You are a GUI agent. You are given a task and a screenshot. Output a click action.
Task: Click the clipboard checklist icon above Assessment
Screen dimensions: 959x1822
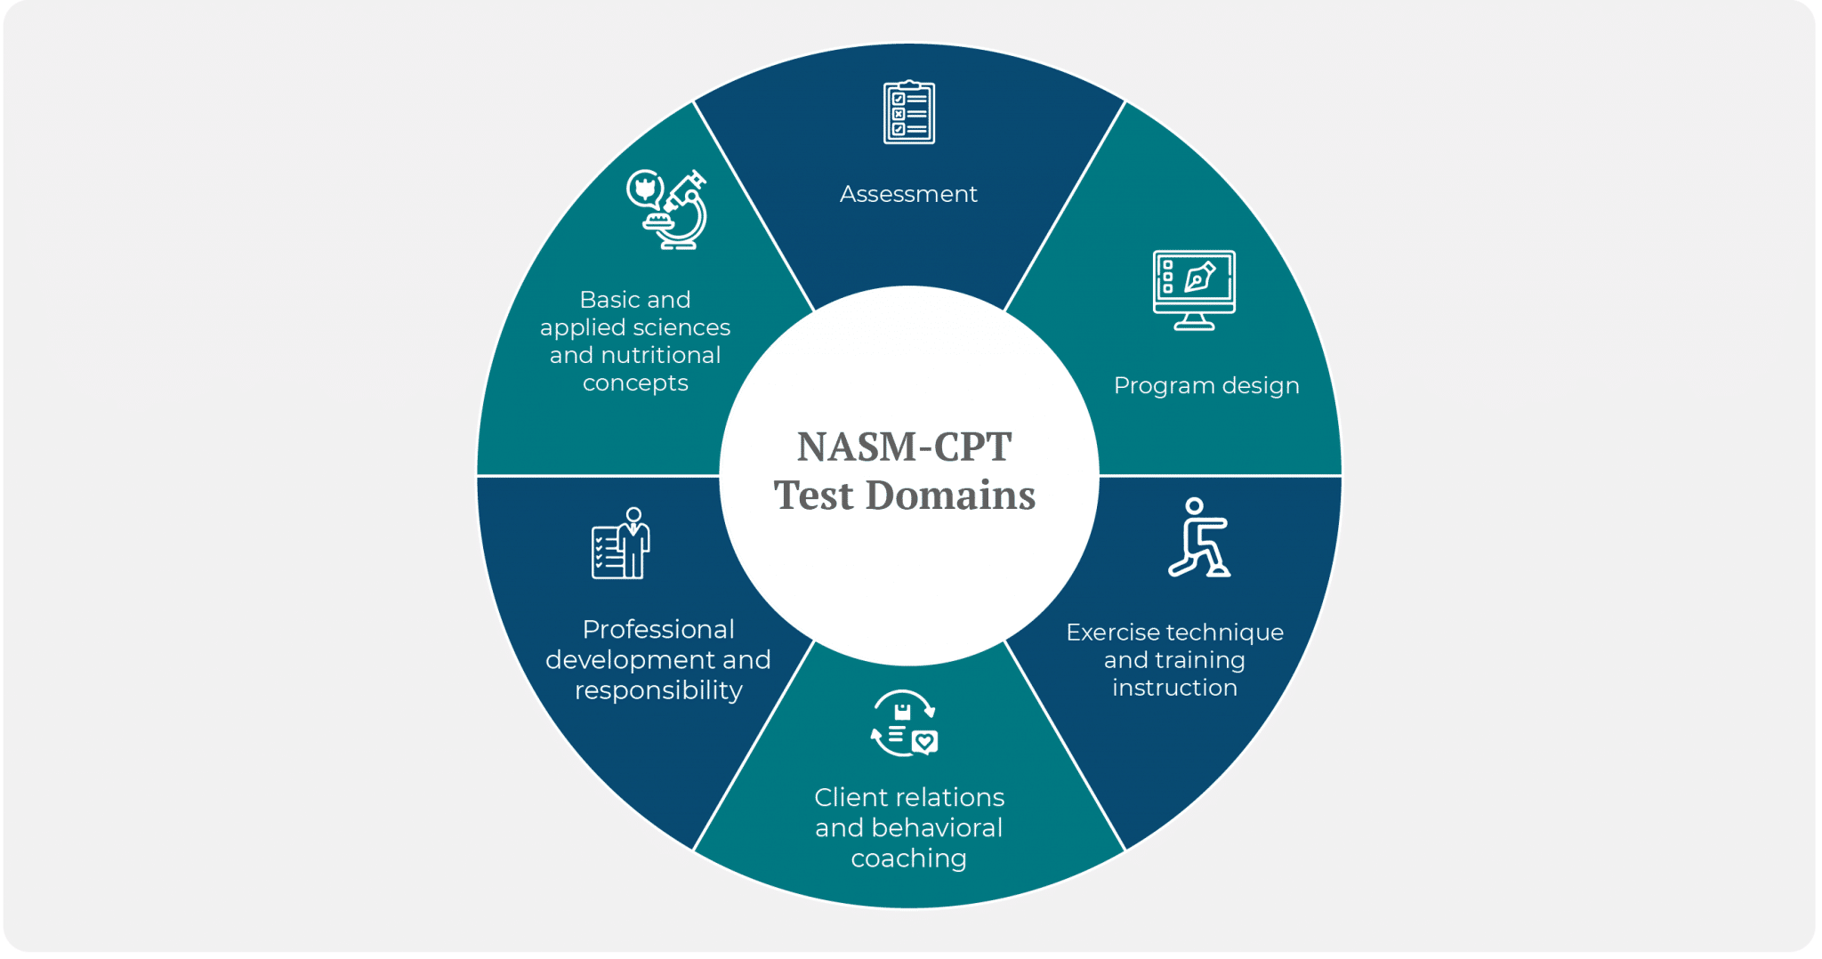tap(908, 112)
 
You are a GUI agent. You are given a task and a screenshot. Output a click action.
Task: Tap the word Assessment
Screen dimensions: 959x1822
tap(908, 194)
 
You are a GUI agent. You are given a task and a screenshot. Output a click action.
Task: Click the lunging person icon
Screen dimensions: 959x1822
tap(1198, 538)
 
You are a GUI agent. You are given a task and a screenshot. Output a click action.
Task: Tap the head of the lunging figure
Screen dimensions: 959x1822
tap(1194, 506)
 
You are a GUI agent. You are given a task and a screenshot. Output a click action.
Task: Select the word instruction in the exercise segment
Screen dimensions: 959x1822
tap(1174, 688)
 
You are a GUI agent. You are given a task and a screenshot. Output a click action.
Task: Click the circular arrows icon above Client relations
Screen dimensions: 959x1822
tap(905, 723)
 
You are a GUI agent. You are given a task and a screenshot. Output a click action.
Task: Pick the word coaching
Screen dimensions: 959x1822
tap(908, 858)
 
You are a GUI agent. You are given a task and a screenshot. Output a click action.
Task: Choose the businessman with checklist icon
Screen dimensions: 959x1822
tap(621, 544)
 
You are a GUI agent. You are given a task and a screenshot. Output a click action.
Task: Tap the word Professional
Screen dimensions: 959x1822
tap(658, 630)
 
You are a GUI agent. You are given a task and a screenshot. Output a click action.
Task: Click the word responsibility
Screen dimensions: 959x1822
tap(658, 690)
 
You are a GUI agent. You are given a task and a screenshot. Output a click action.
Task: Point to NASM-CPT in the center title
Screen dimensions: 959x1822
tap(904, 447)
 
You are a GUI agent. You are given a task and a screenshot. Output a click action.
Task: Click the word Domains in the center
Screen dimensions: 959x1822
tap(950, 496)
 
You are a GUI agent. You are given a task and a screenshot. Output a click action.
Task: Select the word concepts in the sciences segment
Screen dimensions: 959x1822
tap(635, 383)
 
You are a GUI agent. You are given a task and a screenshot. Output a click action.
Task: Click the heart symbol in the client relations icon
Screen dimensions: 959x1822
tap(925, 741)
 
